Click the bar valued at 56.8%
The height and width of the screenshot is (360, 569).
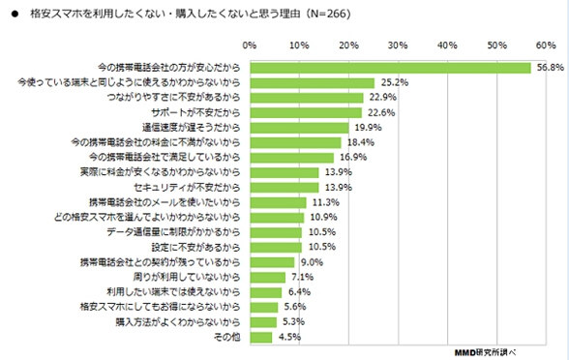(391, 68)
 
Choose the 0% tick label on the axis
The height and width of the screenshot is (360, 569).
(250, 45)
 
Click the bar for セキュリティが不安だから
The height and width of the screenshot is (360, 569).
(284, 187)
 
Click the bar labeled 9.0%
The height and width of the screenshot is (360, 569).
(272, 261)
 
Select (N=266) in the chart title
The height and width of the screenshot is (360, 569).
(324, 15)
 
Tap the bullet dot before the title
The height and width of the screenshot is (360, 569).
(13, 15)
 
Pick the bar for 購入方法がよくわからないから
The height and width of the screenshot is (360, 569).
(262, 321)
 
